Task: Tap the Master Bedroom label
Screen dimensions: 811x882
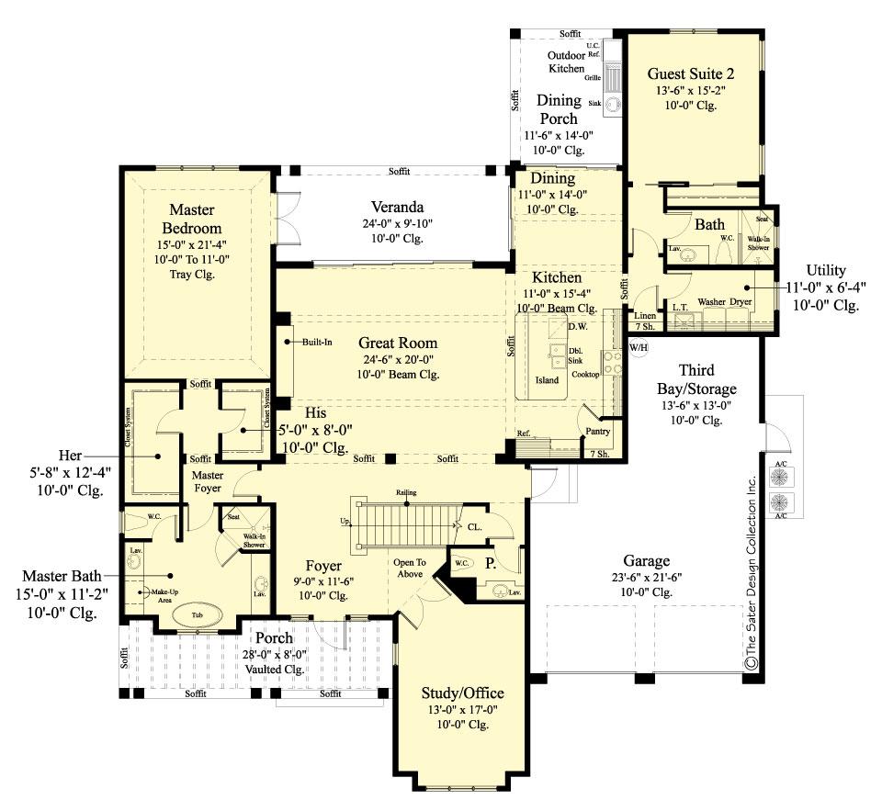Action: point(192,220)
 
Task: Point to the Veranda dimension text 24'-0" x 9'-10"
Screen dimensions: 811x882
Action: point(397,223)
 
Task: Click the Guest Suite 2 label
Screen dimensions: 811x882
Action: point(690,73)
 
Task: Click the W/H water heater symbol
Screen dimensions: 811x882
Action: point(638,346)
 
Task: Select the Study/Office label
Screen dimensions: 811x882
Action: point(462,692)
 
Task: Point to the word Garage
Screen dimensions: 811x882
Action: point(646,560)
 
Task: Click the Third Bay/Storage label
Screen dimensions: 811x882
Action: point(708,379)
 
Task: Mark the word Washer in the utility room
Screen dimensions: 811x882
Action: point(712,301)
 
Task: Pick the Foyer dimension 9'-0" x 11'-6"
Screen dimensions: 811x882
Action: point(324,581)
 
